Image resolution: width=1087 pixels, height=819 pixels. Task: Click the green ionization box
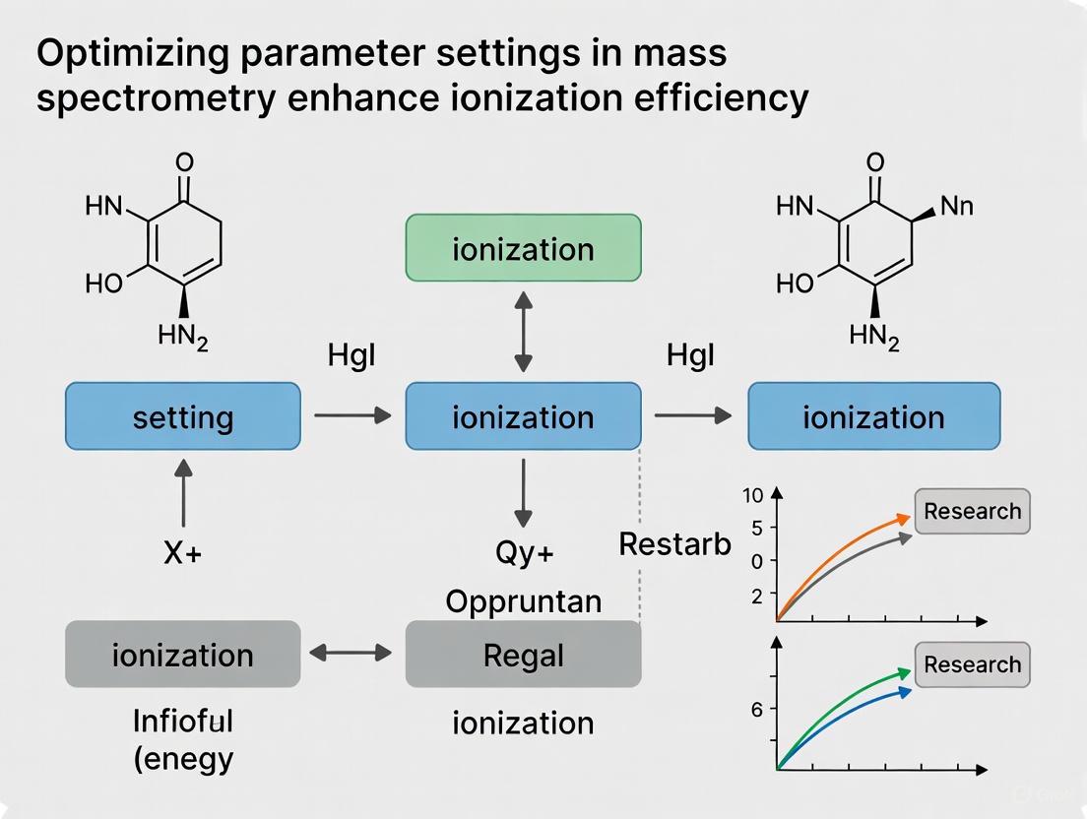coord(523,248)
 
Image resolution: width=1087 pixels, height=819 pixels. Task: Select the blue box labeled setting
coord(183,416)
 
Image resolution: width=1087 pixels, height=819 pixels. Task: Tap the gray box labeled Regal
coord(523,655)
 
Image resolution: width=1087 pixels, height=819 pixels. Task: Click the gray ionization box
coord(183,655)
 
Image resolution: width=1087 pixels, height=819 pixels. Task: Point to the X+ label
coord(182,553)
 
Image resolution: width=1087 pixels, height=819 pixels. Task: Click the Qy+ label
coord(523,553)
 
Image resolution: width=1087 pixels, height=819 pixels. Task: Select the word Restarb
coord(674,543)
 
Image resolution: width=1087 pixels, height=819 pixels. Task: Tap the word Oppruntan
coord(523,600)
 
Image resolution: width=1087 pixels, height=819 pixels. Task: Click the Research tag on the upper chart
coord(972,511)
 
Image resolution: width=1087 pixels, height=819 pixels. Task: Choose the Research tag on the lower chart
coord(972,664)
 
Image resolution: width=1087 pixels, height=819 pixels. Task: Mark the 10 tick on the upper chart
coord(753,495)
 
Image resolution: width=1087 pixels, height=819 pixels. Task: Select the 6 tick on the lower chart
coord(757,709)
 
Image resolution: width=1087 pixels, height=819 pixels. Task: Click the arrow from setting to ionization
coord(352,416)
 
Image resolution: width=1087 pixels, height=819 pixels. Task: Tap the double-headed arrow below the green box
coord(523,331)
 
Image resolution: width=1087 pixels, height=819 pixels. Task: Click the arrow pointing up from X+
coord(183,496)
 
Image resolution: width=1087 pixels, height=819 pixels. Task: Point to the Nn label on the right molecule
coord(958,206)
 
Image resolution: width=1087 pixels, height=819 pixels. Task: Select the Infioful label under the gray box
coord(183,722)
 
